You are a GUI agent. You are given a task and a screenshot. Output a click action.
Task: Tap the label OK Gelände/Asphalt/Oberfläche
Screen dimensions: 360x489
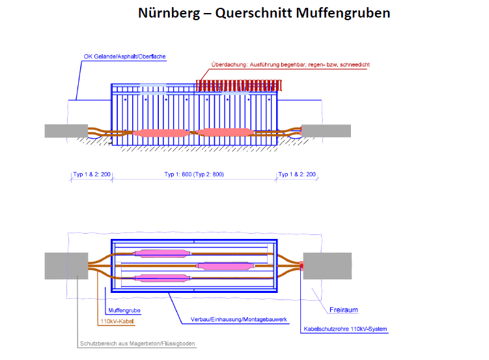point(124,57)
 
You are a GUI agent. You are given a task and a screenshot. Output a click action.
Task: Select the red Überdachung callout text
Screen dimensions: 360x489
point(290,65)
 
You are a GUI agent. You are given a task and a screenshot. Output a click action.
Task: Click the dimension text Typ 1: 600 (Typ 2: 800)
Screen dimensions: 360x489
point(195,174)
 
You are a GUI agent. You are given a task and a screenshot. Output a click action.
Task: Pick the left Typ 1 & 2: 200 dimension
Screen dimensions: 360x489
point(92,174)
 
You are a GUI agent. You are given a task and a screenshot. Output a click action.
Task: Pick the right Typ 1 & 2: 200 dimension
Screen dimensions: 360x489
point(298,174)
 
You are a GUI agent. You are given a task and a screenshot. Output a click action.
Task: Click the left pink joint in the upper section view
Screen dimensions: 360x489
point(160,132)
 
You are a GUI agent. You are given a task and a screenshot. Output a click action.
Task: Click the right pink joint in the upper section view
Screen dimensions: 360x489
point(225,132)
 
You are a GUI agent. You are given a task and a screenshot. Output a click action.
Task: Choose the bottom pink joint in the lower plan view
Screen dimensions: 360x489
point(161,279)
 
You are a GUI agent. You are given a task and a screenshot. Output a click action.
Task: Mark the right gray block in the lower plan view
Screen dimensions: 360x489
point(327,266)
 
